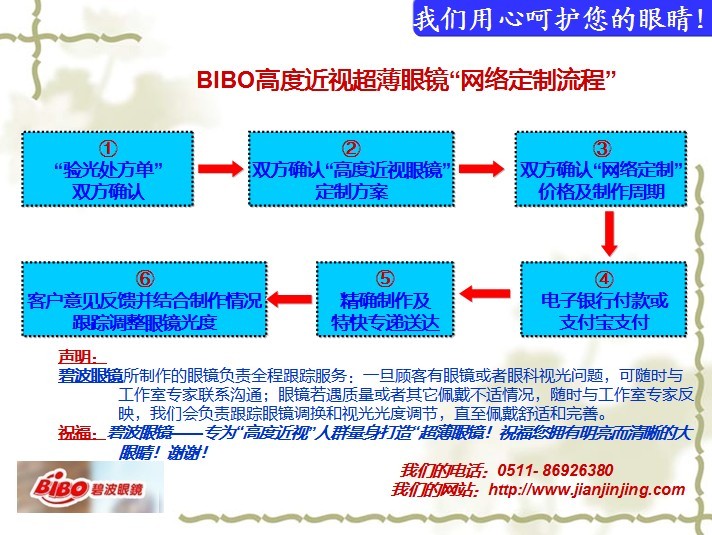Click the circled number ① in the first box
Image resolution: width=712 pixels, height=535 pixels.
[108, 149]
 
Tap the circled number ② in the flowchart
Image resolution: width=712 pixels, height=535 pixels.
[351, 149]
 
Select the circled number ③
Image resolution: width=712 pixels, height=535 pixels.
[601, 149]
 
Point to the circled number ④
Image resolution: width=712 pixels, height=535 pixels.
[604, 279]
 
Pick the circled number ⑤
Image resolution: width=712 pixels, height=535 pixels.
[385, 279]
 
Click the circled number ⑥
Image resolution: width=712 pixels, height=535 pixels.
[144, 279]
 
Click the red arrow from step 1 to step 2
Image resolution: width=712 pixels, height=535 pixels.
[221, 168]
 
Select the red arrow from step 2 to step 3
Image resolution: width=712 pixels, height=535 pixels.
[481, 168]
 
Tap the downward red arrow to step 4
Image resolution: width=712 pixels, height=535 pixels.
[609, 234]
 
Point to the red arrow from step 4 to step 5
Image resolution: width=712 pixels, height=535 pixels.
[485, 294]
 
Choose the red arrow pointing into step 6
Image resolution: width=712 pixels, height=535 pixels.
[290, 299]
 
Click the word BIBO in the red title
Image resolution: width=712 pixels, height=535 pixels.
[225, 79]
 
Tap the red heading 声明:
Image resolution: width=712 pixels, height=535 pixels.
[81, 357]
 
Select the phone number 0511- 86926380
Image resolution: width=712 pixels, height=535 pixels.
[555, 470]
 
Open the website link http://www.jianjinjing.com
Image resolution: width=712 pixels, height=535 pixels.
[587, 490]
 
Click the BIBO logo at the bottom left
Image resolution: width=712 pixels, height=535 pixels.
[90, 487]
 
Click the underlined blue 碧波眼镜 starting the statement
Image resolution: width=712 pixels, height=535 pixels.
[90, 376]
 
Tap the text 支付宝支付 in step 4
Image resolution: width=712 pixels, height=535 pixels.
[603, 322]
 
